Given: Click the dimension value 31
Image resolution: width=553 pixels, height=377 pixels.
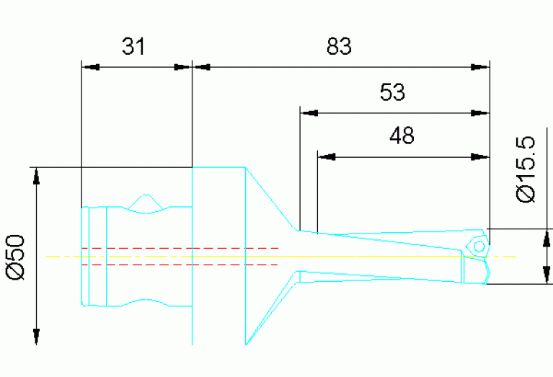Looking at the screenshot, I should click(133, 47).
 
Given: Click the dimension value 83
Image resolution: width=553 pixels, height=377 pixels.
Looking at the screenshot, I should click(338, 47).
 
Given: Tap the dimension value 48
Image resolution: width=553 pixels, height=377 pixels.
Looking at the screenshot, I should click(401, 136).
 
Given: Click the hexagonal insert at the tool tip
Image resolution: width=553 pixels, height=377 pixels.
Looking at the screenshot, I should click(478, 245).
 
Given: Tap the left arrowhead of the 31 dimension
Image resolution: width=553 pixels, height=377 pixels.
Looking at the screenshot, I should click(91, 68).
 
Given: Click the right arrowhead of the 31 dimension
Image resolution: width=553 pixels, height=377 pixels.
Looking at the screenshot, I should click(184, 68).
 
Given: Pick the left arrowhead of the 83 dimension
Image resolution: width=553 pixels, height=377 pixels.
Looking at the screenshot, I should click(201, 68).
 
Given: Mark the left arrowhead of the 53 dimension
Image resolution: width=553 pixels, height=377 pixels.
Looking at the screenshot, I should click(309, 112).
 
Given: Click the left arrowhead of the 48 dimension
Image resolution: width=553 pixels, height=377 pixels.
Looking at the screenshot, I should click(327, 156).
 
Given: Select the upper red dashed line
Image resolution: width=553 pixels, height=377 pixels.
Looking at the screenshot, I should click(180, 248).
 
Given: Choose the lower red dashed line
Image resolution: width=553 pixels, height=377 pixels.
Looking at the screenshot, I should click(180, 265).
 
